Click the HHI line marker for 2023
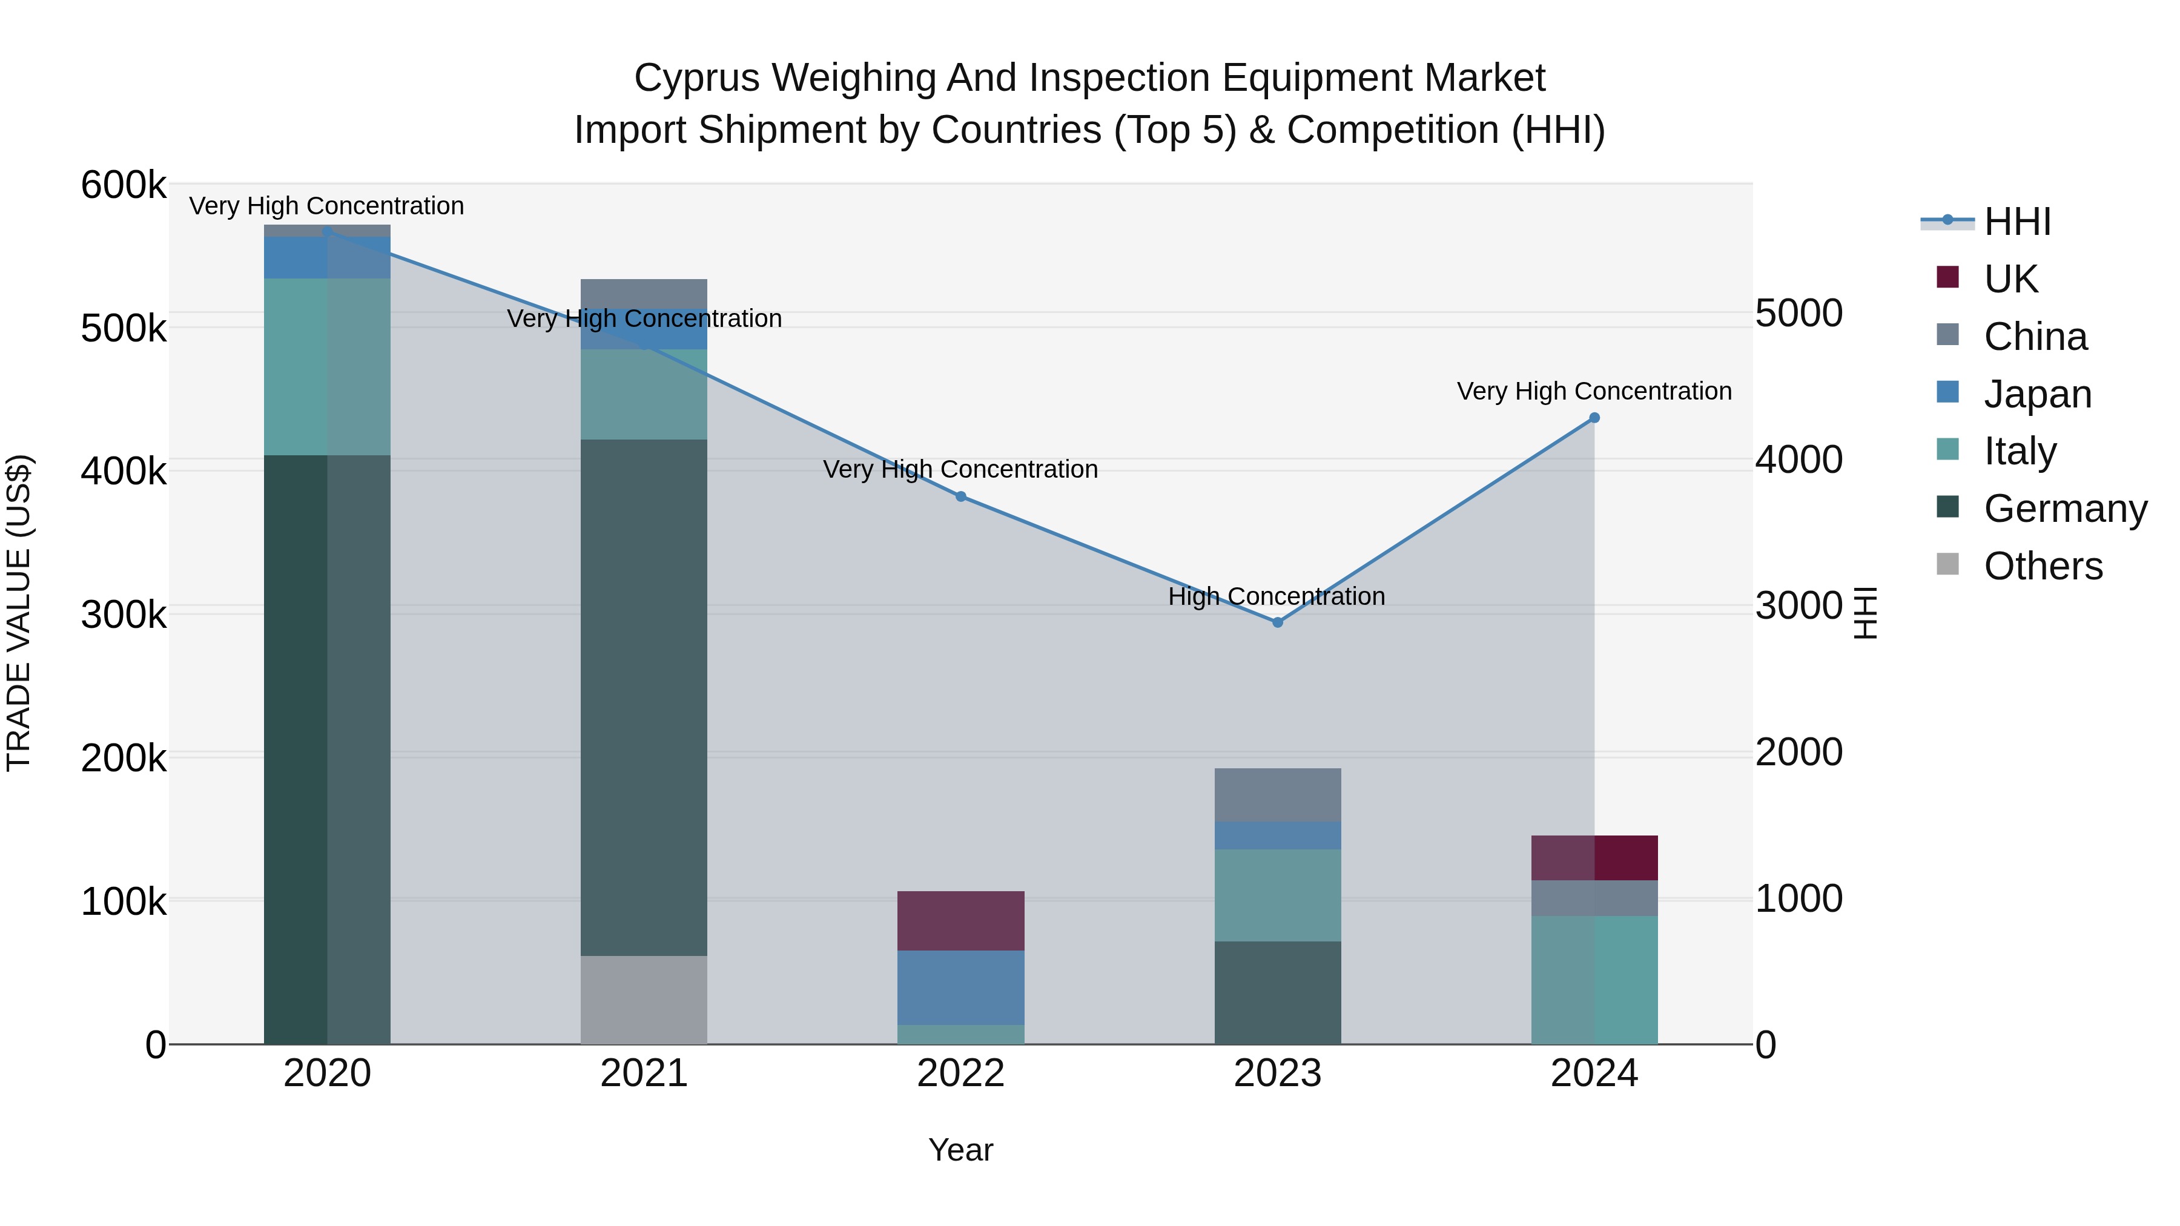[1277, 622]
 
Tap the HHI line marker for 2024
[1594, 418]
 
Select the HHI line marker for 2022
[960, 496]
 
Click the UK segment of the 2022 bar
[960, 920]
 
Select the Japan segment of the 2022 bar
[960, 987]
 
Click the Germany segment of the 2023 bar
[1277, 992]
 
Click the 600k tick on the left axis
[124, 185]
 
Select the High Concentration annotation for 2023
[1276, 596]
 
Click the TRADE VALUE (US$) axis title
[19, 613]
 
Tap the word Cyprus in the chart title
[696, 78]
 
